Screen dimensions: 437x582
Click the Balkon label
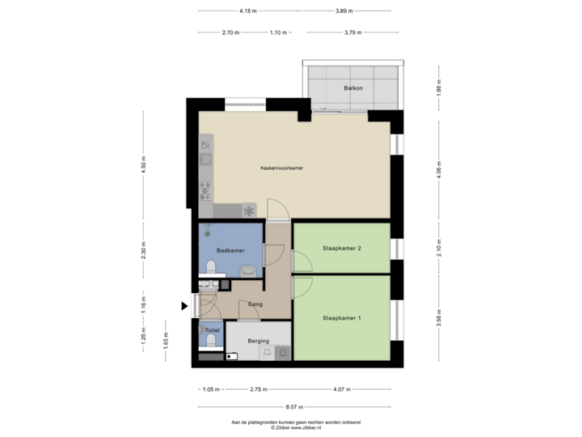click(x=352, y=87)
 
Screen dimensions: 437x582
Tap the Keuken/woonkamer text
click(x=281, y=168)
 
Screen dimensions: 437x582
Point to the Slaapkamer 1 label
click(x=341, y=318)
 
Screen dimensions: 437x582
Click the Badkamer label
click(x=230, y=251)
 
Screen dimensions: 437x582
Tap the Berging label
click(x=259, y=341)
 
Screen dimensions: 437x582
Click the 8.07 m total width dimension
click(x=294, y=407)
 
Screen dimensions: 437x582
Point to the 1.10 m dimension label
click(x=278, y=33)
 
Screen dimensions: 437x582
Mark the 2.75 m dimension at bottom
click(x=259, y=389)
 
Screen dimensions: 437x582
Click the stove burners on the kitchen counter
click(x=205, y=191)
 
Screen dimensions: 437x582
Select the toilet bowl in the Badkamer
click(x=211, y=268)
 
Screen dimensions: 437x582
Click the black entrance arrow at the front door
click(x=185, y=306)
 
